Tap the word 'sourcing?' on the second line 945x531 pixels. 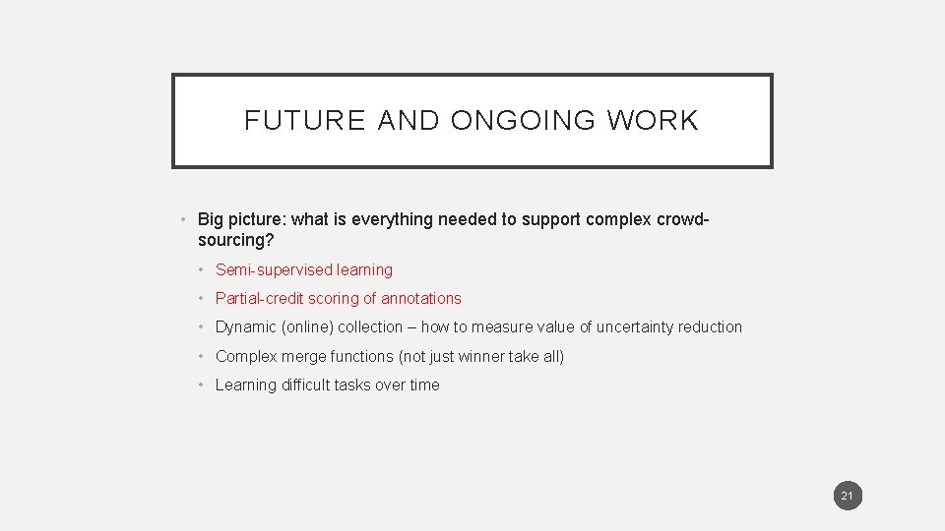pyautogui.click(x=235, y=240)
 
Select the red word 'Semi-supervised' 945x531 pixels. pyautogui.click(x=274, y=269)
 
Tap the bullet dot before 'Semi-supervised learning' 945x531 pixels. pyautogui.click(x=201, y=270)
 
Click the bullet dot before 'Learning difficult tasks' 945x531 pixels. pyautogui.click(x=201, y=385)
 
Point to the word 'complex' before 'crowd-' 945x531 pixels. pyautogui.click(x=614, y=219)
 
